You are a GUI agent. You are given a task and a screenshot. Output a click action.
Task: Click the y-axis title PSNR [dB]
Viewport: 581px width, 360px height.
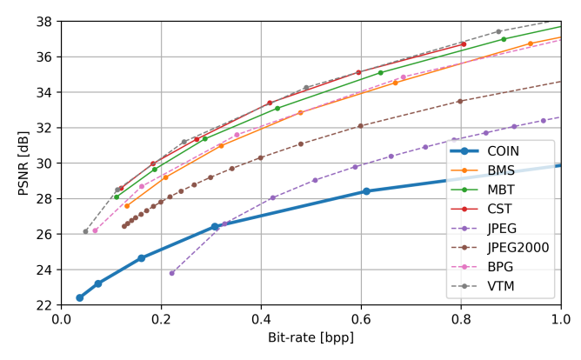pyautogui.click(x=23, y=162)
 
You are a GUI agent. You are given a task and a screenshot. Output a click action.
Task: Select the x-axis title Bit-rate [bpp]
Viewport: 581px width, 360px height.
pyautogui.click(x=311, y=337)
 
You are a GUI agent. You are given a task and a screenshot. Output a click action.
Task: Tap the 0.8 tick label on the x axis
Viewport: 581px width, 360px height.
pyautogui.click(x=461, y=318)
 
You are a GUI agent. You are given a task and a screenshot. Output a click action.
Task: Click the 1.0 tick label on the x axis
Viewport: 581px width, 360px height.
pyautogui.click(x=560, y=318)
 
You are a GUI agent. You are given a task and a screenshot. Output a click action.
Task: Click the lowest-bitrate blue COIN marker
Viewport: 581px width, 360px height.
pyautogui.click(x=80, y=297)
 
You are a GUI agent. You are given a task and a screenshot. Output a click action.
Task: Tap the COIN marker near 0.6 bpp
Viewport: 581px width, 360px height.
pyautogui.click(x=366, y=191)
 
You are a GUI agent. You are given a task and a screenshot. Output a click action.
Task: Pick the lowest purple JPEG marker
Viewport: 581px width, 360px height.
pyautogui.click(x=171, y=273)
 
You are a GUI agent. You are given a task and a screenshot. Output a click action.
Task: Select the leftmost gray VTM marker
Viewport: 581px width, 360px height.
pyautogui.click(x=85, y=231)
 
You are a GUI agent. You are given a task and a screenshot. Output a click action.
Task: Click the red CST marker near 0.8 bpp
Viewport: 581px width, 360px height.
pyautogui.click(x=464, y=44)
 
